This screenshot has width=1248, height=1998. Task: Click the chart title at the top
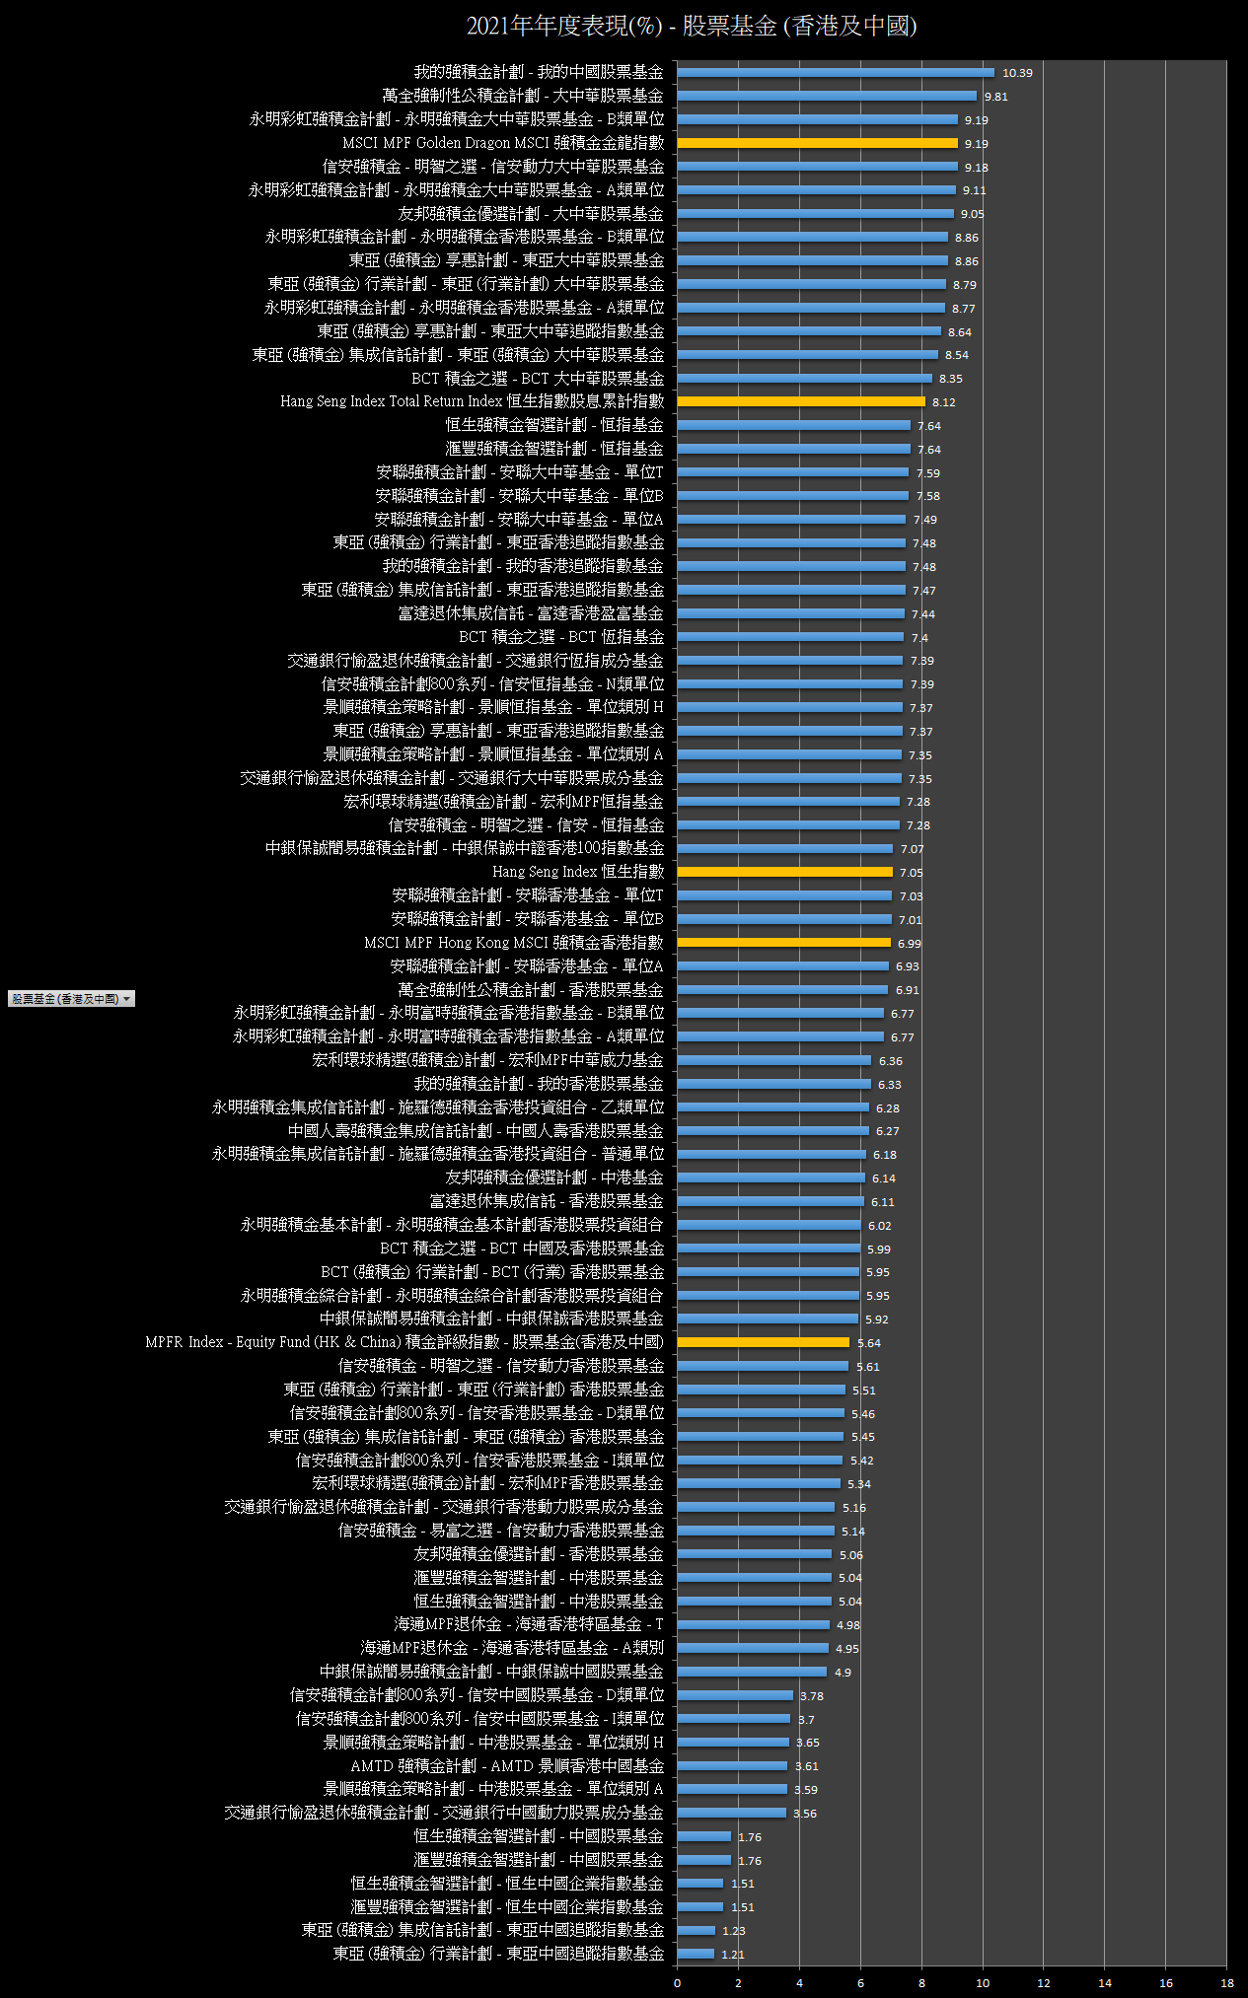pos(692,27)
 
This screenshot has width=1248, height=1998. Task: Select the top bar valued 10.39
pos(836,72)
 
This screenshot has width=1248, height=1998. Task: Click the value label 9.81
pos(996,97)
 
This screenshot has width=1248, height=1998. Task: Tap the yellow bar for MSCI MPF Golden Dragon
pos(817,143)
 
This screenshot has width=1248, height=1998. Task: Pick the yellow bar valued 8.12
pos(801,401)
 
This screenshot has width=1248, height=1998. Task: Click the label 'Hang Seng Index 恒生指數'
pos(578,872)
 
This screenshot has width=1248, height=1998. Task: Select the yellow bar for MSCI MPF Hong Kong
pos(784,943)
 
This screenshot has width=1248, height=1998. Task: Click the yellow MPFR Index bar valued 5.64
pos(764,1342)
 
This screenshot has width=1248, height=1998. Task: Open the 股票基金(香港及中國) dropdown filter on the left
pos(71,999)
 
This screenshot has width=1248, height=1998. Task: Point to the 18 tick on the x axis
pos(1227,1983)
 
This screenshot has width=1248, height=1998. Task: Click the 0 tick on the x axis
pos(677,1983)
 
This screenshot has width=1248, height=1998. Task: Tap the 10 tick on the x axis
pos(983,1983)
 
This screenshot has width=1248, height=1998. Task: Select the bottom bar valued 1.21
pos(696,1954)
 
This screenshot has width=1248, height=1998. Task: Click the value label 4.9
pos(843,1673)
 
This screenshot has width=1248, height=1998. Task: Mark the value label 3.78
pos(812,1696)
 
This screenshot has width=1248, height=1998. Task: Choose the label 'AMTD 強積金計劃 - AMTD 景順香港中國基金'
pos(507,1766)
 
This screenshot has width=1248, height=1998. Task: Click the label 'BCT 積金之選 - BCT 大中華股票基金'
pos(538,379)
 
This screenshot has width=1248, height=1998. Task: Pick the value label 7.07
pos(913,849)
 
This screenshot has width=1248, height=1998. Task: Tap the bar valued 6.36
pos(774,1060)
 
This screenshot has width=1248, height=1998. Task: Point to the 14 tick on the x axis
pos(1105,1983)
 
